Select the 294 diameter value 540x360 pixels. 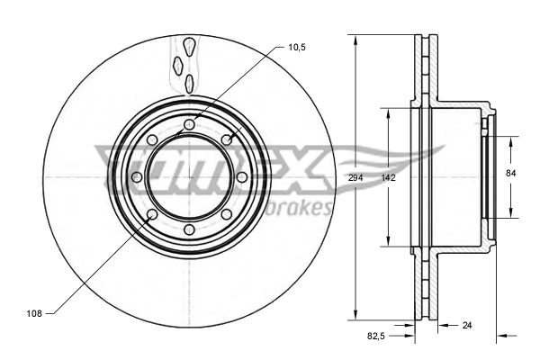[x=356, y=178]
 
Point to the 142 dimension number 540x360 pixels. [x=388, y=178]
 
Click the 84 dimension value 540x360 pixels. [x=511, y=172]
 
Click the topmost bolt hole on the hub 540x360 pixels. [x=188, y=124]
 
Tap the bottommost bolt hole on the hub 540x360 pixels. [x=188, y=230]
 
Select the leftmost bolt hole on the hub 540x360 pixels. [x=136, y=177]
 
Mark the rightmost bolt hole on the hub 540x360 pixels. [x=241, y=177]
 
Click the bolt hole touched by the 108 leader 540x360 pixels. [x=151, y=215]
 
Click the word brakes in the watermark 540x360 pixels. [x=301, y=209]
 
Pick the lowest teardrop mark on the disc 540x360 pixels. [x=189, y=84]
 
